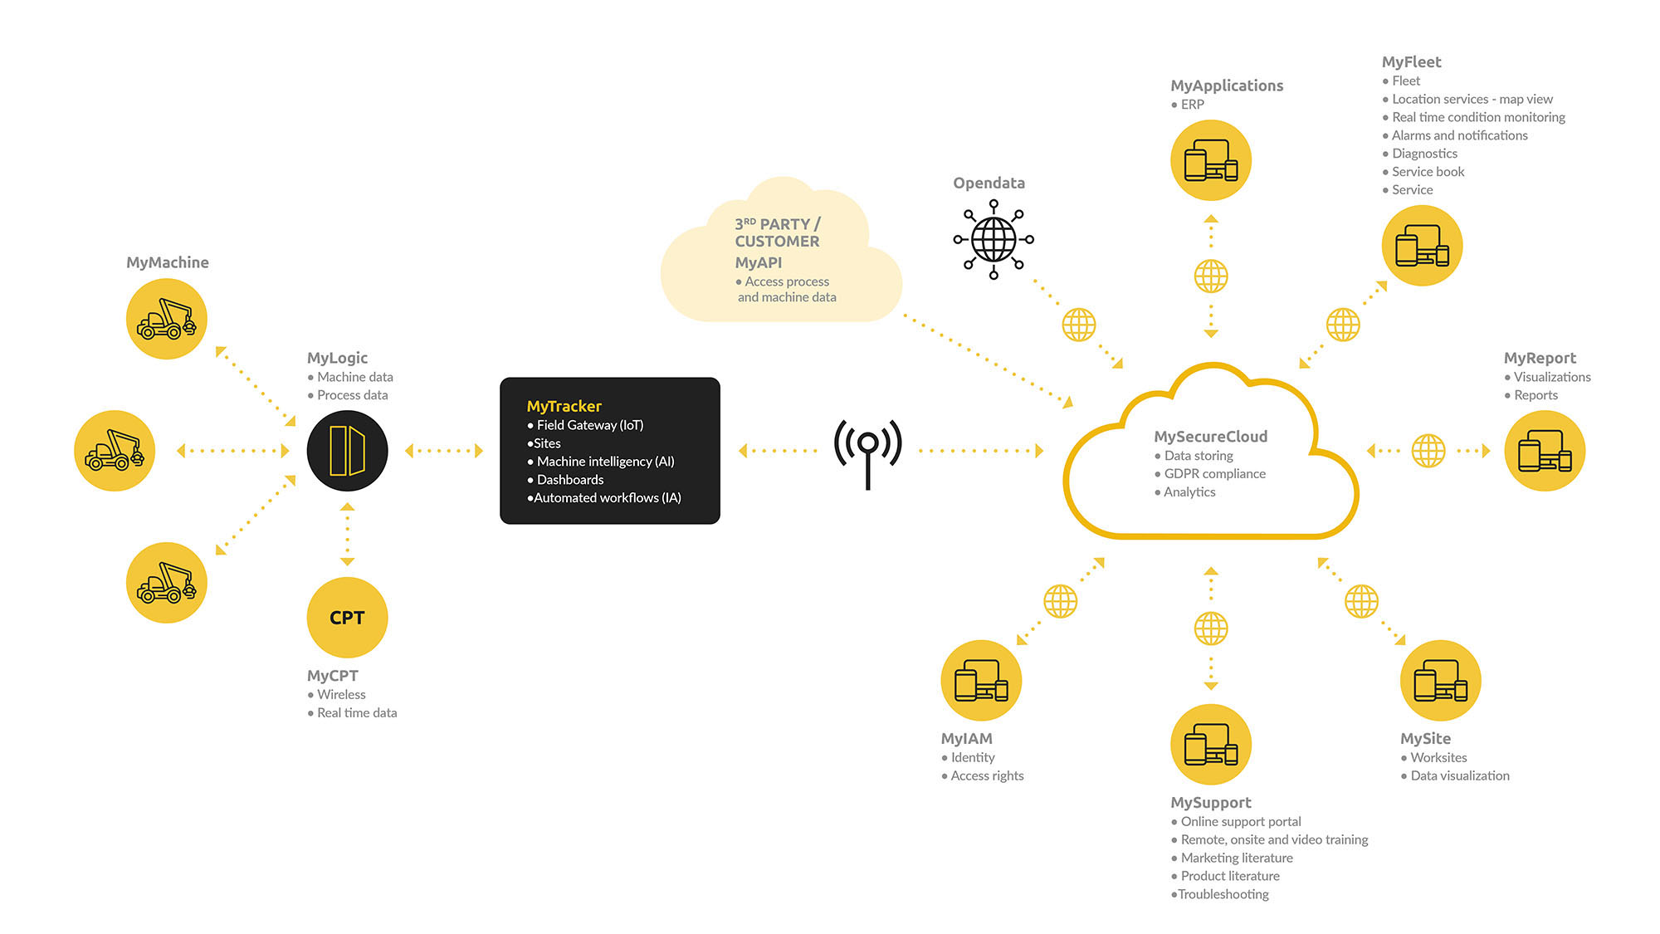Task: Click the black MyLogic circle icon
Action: click(x=347, y=451)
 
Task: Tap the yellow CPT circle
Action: click(x=347, y=618)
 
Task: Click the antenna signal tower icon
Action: click(x=868, y=453)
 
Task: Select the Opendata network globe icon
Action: click(x=994, y=239)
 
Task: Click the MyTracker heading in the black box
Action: click(x=564, y=406)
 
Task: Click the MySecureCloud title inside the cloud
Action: click(x=1211, y=437)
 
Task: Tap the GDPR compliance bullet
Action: click(x=1210, y=474)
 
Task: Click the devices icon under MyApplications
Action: click(x=1211, y=160)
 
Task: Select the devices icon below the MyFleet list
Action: click(x=1422, y=246)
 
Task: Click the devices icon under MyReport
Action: click(x=1545, y=451)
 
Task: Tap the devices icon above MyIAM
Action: click(x=981, y=681)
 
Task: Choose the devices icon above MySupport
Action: click(x=1211, y=745)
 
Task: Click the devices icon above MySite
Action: click(x=1440, y=681)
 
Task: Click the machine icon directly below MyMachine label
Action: click(x=167, y=319)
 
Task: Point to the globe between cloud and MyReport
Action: click(x=1428, y=451)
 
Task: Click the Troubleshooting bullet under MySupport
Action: click(x=1220, y=894)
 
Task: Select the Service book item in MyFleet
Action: click(x=1423, y=172)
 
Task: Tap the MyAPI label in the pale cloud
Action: click(x=759, y=262)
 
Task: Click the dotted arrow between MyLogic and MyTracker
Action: click(x=444, y=451)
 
